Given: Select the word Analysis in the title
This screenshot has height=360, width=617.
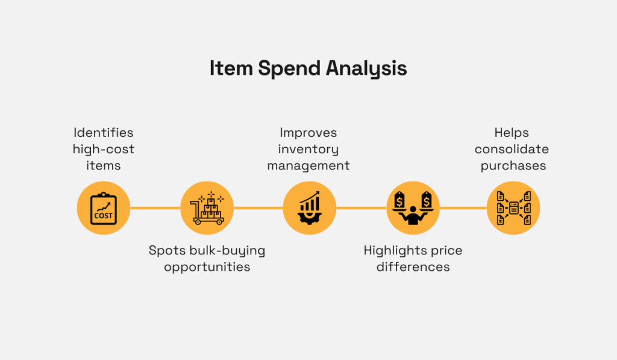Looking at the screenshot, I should [366, 69].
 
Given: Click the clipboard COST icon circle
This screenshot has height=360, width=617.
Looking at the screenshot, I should [104, 208].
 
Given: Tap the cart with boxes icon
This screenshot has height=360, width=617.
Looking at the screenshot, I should [207, 208].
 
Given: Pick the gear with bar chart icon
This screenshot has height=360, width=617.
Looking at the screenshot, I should [309, 208].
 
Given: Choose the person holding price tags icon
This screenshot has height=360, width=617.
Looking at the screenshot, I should [412, 208].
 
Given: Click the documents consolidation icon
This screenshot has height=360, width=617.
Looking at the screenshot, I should [513, 208].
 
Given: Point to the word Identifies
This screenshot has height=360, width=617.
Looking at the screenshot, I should [104, 132].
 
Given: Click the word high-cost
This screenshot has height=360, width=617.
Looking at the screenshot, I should [104, 148].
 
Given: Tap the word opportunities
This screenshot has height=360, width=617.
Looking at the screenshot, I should [207, 266].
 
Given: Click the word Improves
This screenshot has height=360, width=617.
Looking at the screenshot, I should [308, 132].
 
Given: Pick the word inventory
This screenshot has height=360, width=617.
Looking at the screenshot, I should [308, 149].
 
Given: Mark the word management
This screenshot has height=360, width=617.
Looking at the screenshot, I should [308, 165].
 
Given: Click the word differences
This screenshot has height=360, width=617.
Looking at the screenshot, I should [413, 266].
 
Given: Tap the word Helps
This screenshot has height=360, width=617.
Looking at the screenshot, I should [512, 132].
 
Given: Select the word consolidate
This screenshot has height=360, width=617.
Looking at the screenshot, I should [512, 148].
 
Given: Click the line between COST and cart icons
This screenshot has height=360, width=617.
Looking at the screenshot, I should [155, 208].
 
